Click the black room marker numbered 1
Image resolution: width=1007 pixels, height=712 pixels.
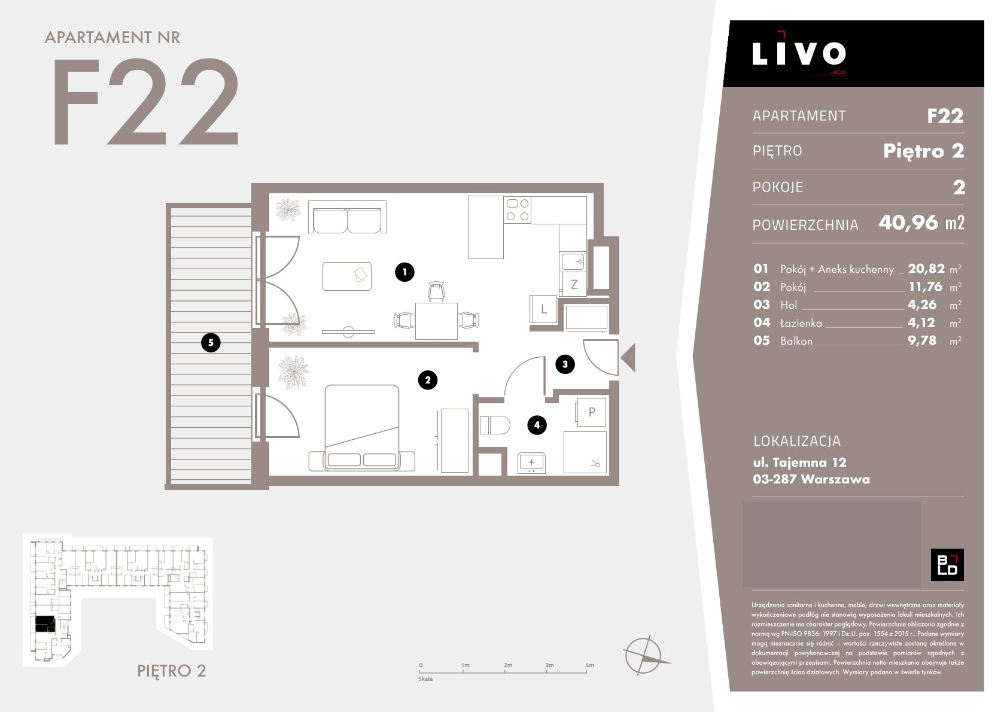pyautogui.click(x=404, y=272)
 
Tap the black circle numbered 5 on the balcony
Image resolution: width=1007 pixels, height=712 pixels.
pyautogui.click(x=211, y=342)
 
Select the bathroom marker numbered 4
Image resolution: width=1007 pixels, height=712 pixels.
pyautogui.click(x=537, y=425)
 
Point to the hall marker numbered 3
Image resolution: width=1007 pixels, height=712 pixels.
pyautogui.click(x=565, y=364)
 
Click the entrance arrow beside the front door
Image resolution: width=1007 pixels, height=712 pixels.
pyautogui.click(x=629, y=358)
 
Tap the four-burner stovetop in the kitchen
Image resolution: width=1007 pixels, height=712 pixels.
pyautogui.click(x=518, y=209)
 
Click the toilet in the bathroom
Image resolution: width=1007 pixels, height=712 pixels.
pyautogui.click(x=494, y=425)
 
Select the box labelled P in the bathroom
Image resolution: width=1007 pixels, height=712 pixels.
pyautogui.click(x=591, y=412)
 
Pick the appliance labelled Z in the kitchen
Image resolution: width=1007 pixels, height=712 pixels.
pyautogui.click(x=574, y=284)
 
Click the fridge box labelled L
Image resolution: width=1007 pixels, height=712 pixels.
pyautogui.click(x=543, y=309)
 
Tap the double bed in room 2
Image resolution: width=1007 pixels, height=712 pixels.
pyautogui.click(x=362, y=427)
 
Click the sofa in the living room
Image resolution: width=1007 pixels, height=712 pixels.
pyautogui.click(x=347, y=217)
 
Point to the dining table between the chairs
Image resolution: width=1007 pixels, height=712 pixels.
pyautogui.click(x=436, y=321)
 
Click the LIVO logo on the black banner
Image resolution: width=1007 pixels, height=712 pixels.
pyautogui.click(x=799, y=54)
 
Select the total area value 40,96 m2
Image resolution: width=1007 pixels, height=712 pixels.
pyautogui.click(x=921, y=223)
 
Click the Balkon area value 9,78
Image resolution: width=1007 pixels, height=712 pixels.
pyautogui.click(x=922, y=340)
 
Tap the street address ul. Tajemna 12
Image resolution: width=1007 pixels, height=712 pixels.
pyautogui.click(x=800, y=462)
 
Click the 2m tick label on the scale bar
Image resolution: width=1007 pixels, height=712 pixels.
pyautogui.click(x=508, y=665)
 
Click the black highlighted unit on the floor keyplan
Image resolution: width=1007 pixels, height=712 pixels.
pyautogui.click(x=45, y=624)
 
